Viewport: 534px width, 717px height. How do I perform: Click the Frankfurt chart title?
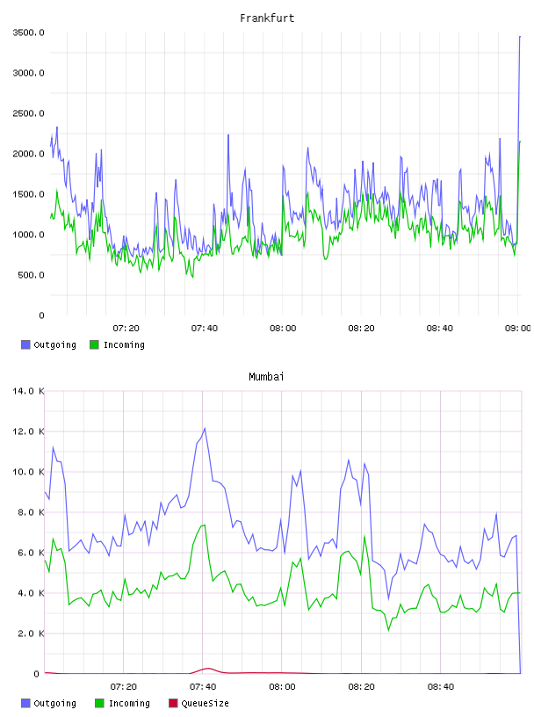click(x=267, y=18)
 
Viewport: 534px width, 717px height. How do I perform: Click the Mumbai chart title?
click(x=266, y=377)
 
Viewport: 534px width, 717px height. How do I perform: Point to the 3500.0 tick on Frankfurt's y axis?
click(x=28, y=33)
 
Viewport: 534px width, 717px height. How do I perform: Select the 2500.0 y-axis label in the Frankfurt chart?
click(x=28, y=113)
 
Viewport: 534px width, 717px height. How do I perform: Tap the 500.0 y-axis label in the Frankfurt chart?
click(x=31, y=275)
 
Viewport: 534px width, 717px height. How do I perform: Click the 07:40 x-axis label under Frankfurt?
click(x=205, y=328)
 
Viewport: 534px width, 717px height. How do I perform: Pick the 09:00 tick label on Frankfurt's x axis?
click(x=518, y=328)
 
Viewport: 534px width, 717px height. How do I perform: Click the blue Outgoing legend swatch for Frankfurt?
click(x=25, y=344)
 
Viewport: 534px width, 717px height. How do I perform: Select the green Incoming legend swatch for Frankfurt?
click(x=94, y=344)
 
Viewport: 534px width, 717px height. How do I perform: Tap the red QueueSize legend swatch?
click(x=173, y=703)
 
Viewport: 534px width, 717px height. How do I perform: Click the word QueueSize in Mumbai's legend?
click(x=205, y=703)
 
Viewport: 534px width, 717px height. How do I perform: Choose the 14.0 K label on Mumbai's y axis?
click(x=28, y=391)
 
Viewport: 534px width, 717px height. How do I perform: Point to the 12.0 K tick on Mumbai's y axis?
click(x=28, y=431)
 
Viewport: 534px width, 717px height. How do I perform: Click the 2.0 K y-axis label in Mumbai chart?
click(x=31, y=634)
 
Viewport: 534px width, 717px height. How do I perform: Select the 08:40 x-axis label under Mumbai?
click(x=441, y=686)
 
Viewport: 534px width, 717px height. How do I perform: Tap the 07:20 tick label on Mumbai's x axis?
click(x=124, y=686)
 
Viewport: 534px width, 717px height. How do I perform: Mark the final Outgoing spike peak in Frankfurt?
click(x=520, y=36)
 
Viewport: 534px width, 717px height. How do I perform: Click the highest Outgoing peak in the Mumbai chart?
click(x=205, y=429)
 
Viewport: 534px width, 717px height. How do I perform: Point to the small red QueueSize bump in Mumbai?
click(x=207, y=669)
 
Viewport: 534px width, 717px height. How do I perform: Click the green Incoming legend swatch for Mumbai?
click(x=99, y=703)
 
